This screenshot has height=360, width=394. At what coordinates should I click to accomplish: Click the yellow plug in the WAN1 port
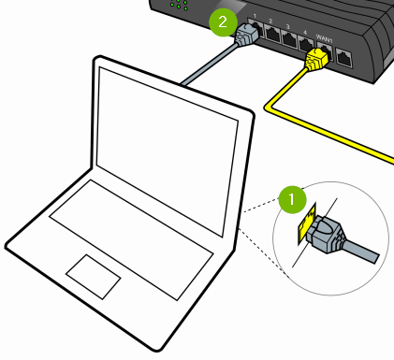click(x=315, y=59)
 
